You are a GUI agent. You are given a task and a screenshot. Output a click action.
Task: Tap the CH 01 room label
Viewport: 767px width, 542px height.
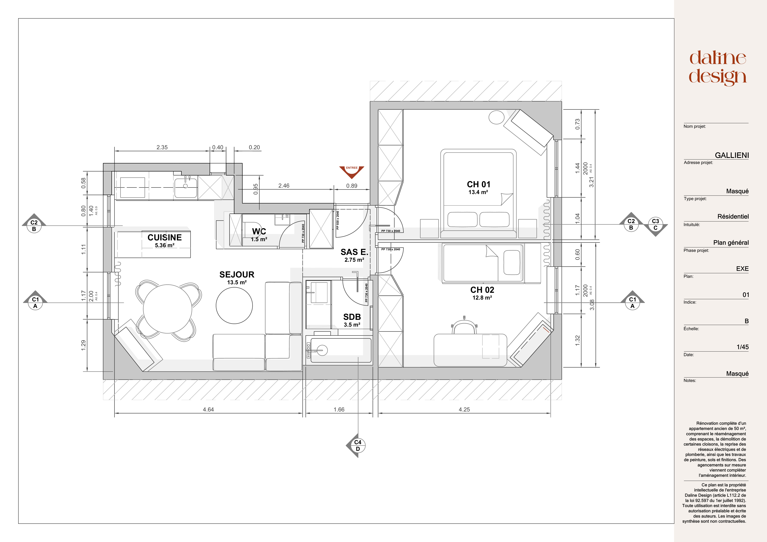coord(478,185)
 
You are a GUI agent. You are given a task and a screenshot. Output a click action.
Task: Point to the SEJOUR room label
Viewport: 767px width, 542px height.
coord(237,275)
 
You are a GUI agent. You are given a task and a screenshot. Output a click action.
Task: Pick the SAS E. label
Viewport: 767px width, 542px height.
coord(354,252)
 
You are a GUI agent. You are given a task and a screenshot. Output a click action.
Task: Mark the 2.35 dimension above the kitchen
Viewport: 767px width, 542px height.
coord(162,147)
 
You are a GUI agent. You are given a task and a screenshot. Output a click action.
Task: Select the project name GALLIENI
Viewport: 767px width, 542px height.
coord(732,155)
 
